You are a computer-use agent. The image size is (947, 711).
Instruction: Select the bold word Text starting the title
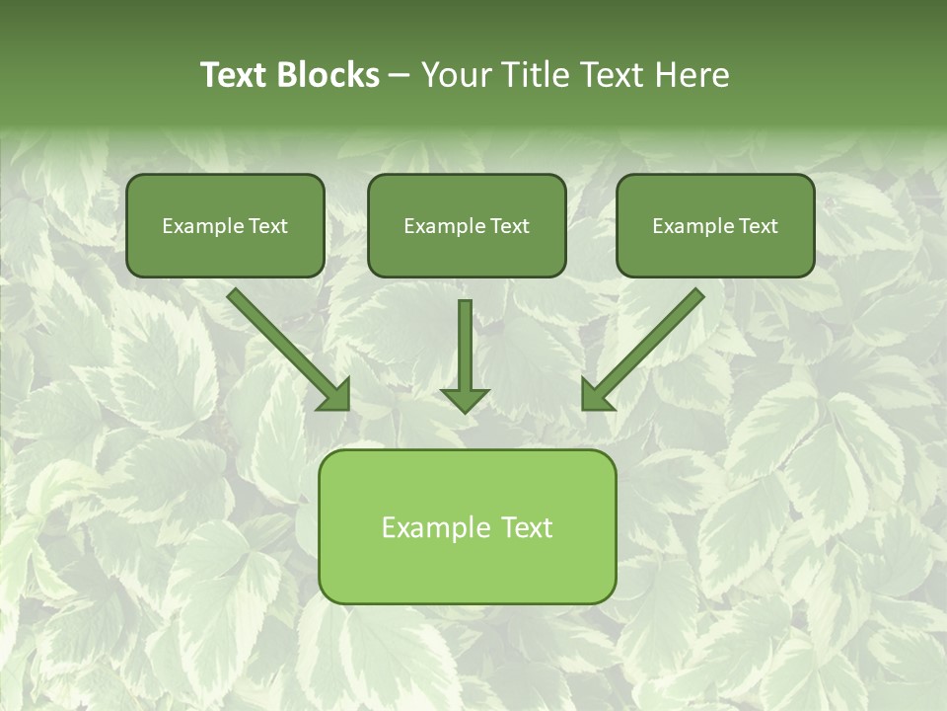(x=234, y=75)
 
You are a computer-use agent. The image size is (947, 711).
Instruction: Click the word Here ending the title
(x=694, y=75)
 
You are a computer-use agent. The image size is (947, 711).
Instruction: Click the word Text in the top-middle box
(x=509, y=226)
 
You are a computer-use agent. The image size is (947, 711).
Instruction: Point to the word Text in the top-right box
(x=758, y=226)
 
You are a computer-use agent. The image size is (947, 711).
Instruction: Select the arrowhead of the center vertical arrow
(x=465, y=399)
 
